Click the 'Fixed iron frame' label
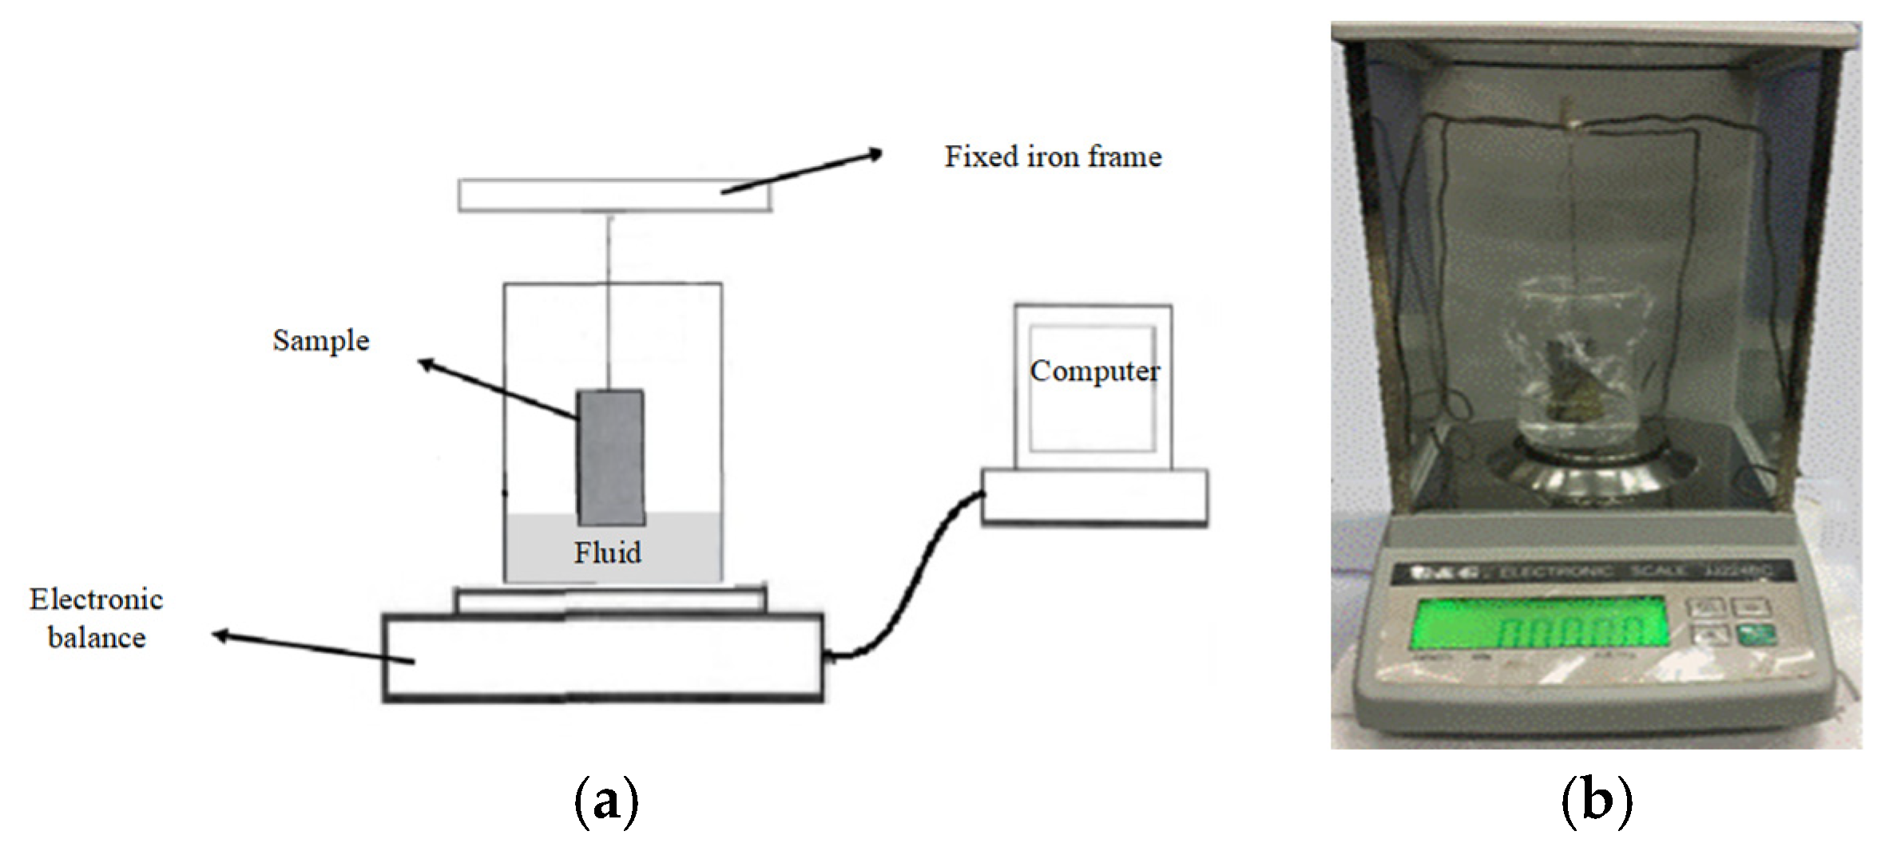[1053, 156]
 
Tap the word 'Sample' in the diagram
[321, 341]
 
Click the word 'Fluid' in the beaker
[607, 552]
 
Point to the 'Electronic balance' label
[97, 618]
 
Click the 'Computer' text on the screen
[1093, 371]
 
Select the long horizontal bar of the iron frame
[615, 196]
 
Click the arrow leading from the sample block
[495, 390]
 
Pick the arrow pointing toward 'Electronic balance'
[312, 647]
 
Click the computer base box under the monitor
[1093, 497]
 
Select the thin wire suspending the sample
[609, 303]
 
